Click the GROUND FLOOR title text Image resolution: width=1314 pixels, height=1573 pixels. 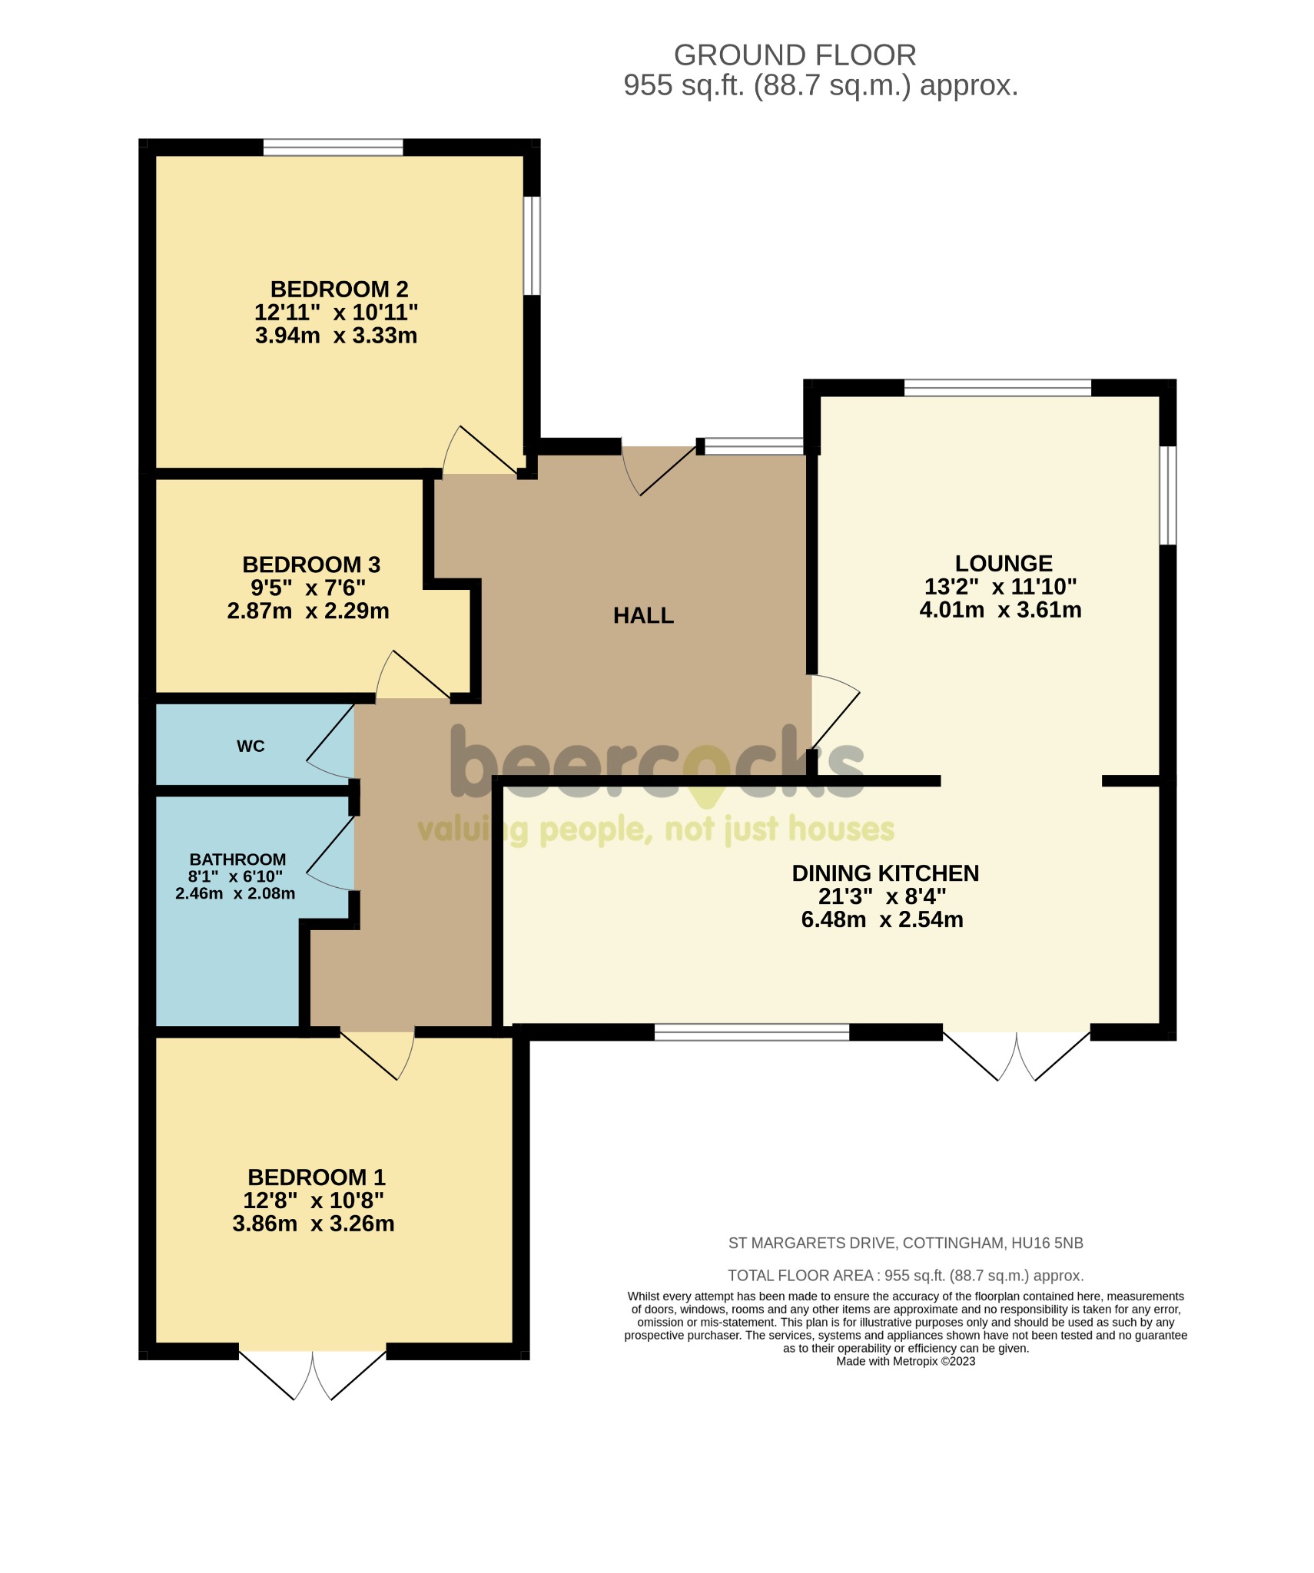point(795,55)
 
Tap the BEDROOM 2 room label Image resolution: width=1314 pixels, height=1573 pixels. point(339,290)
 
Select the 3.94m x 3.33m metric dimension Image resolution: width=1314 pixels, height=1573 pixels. point(336,336)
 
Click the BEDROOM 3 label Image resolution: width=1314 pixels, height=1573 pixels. point(311,565)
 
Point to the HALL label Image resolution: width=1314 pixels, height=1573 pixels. point(643,615)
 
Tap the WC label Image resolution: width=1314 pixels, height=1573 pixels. point(251,746)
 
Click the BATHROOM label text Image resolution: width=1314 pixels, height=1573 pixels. point(237,859)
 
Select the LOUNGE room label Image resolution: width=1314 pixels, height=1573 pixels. point(1003,563)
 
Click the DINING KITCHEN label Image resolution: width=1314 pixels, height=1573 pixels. point(885,873)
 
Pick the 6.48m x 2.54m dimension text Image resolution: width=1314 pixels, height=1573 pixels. point(882,919)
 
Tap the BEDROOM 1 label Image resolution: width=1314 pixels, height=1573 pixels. point(316,1177)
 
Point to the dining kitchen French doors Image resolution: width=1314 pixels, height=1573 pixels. point(1016,1055)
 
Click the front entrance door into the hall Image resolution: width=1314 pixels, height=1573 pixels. point(659,469)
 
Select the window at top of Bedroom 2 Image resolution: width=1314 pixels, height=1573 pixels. point(333,147)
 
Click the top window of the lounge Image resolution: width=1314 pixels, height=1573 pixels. point(997,388)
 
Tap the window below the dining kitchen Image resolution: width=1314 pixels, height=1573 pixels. point(752,1032)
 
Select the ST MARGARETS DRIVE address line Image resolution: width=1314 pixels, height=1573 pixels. point(905,1243)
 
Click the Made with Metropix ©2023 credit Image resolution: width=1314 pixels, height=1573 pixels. point(905,1361)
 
